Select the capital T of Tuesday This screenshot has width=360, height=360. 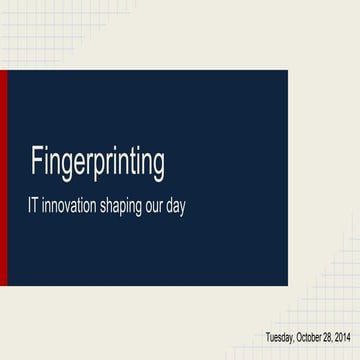click(267, 337)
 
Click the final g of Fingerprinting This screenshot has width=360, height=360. click(158, 163)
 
